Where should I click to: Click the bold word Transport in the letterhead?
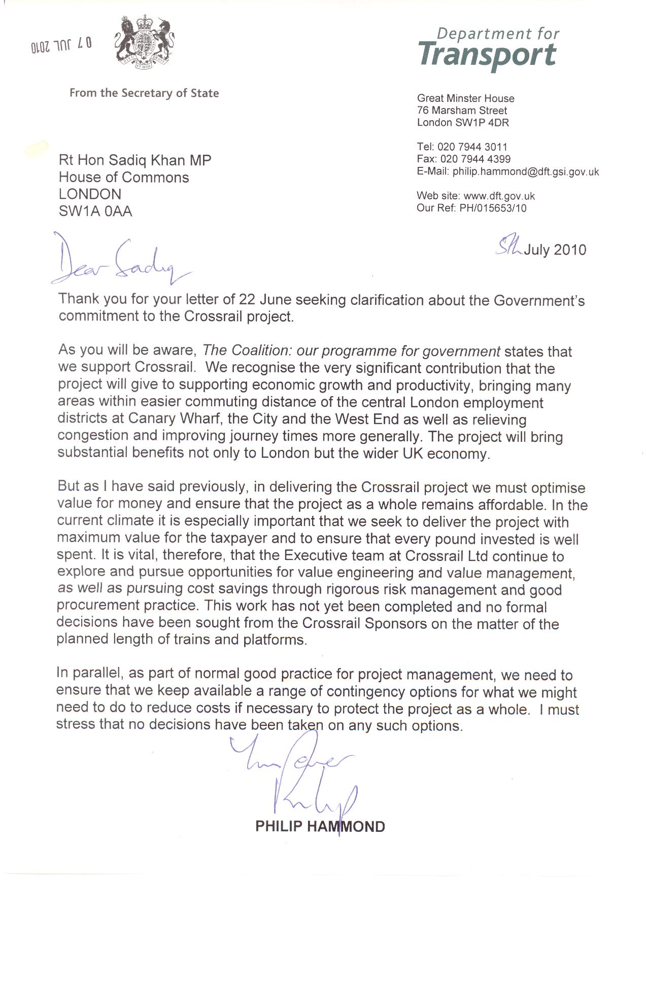coord(488,55)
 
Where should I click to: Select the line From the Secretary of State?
coord(144,93)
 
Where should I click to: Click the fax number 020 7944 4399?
coord(475,159)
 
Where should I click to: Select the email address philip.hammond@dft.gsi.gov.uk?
coord(526,172)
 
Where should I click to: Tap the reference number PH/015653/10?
coord(493,208)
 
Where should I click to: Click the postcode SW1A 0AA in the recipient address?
coord(95,212)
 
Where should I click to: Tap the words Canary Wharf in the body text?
coord(175,419)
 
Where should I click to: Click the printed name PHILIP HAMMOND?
coord(320,827)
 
